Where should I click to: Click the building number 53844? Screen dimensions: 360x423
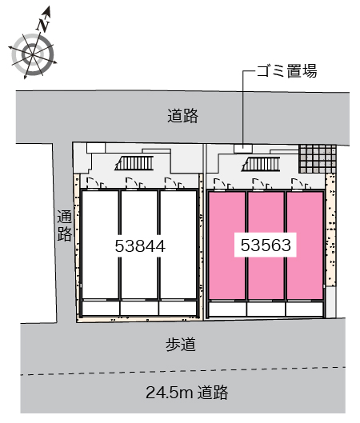140,246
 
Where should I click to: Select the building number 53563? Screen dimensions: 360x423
266,245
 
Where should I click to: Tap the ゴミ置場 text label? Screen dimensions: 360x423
286,71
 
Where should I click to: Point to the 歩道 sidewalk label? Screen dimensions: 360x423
181,345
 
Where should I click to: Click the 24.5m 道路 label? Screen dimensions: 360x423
186,393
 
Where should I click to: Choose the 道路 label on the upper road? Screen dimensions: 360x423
182,116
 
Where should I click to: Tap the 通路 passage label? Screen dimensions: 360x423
65,225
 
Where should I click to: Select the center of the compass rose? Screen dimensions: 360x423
33,55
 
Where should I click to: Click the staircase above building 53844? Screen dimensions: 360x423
134,163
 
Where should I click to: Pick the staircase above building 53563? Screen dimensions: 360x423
261,164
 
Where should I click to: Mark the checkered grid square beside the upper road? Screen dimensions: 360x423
318,158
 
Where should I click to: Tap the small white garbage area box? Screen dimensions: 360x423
243,149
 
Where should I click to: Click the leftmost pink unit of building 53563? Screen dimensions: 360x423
227,245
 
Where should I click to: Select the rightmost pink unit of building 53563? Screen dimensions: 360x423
305,245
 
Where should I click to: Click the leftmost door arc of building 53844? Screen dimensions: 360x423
92,182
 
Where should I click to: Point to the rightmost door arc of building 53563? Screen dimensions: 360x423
298,182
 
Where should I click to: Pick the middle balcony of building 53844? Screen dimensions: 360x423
139,308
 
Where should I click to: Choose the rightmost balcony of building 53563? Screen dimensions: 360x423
305,309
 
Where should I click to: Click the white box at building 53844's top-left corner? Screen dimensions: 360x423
96,148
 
